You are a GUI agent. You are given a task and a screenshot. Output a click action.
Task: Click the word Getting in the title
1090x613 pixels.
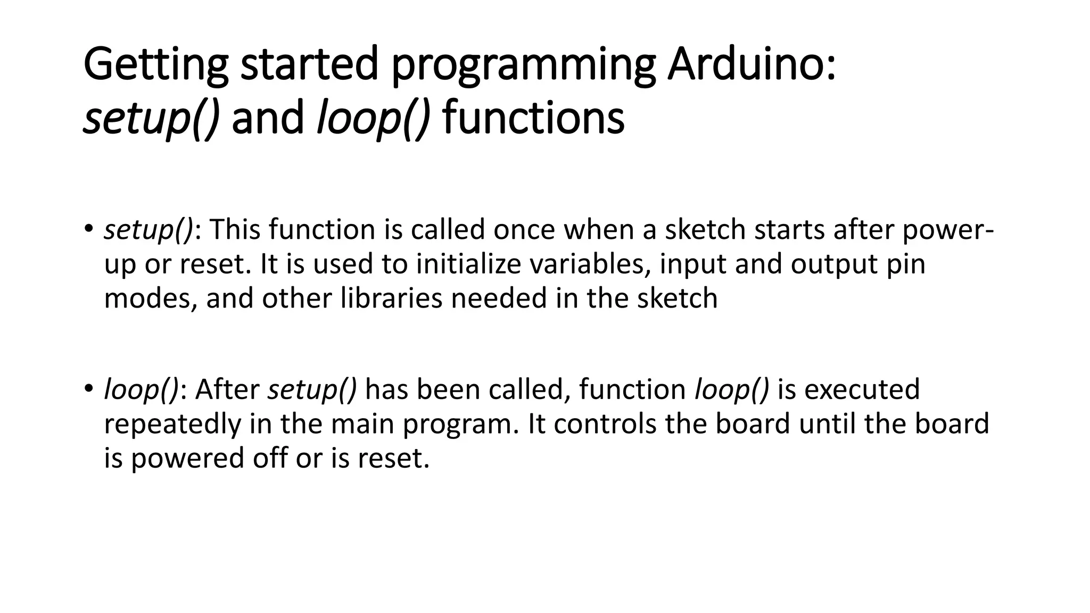click(155, 65)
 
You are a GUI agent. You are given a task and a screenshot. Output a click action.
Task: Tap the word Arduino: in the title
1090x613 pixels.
click(751, 65)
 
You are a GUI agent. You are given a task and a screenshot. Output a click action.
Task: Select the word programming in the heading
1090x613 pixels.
click(523, 65)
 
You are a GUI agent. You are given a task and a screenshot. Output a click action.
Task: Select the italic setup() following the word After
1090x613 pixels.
click(312, 390)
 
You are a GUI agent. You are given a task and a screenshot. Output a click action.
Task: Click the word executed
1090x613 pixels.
click(862, 390)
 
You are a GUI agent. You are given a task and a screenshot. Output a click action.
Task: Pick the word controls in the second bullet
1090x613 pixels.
click(605, 424)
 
